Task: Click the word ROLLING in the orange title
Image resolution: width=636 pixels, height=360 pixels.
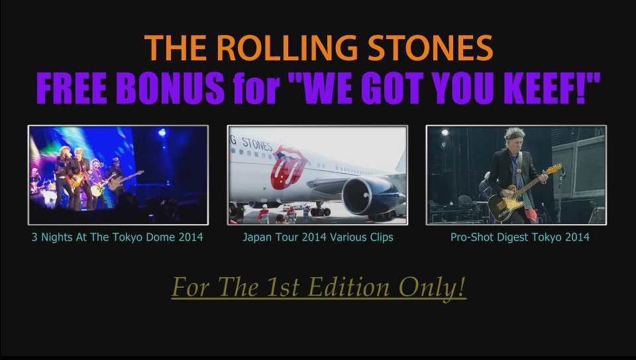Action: tap(287, 48)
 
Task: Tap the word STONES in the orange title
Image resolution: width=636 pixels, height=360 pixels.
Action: tap(430, 48)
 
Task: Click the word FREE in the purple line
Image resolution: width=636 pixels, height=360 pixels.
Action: tap(72, 88)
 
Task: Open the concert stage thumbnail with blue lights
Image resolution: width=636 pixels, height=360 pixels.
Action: tap(118, 175)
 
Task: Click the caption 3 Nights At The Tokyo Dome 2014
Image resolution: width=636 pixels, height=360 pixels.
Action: tap(117, 237)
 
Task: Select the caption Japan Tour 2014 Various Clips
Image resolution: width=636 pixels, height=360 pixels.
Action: tap(317, 237)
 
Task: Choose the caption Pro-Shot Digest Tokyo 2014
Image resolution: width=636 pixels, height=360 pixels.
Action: tap(519, 237)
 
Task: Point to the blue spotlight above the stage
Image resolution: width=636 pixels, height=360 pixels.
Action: tap(162, 133)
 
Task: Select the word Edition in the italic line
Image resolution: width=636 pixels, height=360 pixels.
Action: tap(348, 287)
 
